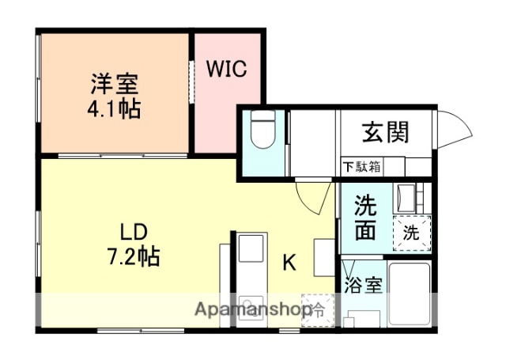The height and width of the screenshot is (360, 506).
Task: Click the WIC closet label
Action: point(228,69)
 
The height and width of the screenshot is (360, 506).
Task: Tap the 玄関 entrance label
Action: point(386,131)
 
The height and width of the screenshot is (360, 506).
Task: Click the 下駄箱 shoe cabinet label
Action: point(362,167)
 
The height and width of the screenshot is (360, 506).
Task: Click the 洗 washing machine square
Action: point(411,233)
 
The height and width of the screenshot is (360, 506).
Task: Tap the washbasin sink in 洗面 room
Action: point(408,196)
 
